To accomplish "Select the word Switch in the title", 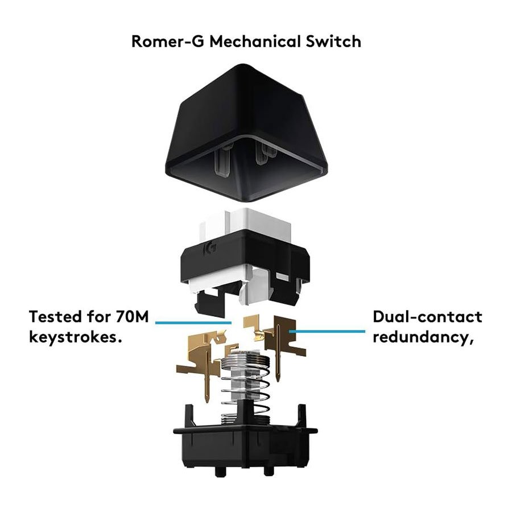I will pyautogui.click(x=336, y=42).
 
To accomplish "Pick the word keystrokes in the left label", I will pyautogui.click(x=75, y=337).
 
